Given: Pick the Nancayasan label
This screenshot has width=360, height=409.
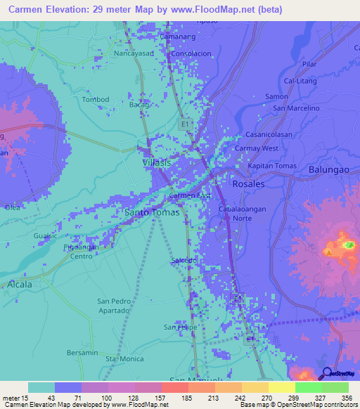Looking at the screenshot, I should click(135, 53).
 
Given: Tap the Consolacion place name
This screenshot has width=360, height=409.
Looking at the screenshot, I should click(191, 53).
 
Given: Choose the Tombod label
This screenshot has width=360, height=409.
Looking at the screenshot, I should click(96, 99).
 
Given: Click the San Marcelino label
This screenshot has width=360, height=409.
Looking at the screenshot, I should click(296, 108).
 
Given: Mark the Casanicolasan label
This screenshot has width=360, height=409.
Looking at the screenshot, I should click(268, 135).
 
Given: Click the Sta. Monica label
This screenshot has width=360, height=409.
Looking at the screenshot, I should click(125, 359).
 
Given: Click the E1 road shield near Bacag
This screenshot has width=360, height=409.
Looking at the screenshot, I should click(185, 124).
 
